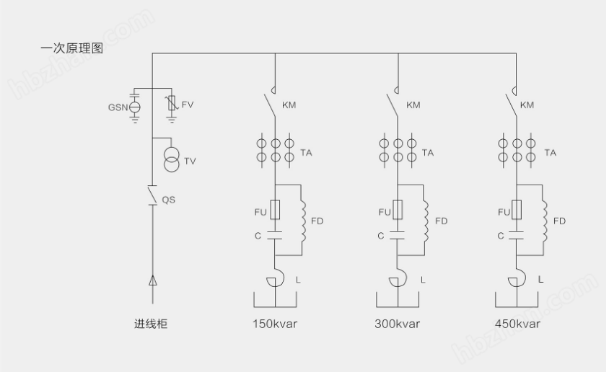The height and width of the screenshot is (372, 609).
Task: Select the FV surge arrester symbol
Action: (x=170, y=105)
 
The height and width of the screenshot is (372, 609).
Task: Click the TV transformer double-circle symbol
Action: (x=170, y=160)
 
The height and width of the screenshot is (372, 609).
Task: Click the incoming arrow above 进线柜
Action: (x=152, y=280)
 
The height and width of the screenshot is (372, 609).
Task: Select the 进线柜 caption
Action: (x=151, y=324)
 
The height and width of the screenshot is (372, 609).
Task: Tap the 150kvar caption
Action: (x=274, y=324)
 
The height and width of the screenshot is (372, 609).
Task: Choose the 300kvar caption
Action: (x=397, y=324)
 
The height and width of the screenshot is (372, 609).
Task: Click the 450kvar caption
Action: (x=518, y=324)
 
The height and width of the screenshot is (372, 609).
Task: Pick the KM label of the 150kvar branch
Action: (x=289, y=105)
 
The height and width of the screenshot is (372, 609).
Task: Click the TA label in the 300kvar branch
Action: (x=428, y=153)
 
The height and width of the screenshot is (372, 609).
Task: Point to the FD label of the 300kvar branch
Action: (x=441, y=221)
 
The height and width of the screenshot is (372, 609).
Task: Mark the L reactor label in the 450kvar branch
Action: (x=540, y=278)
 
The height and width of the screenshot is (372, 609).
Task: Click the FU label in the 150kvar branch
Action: (x=259, y=213)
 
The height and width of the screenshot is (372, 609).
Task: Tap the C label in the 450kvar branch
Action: (x=501, y=235)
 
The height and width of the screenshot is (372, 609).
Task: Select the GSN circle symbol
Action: (x=135, y=107)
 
